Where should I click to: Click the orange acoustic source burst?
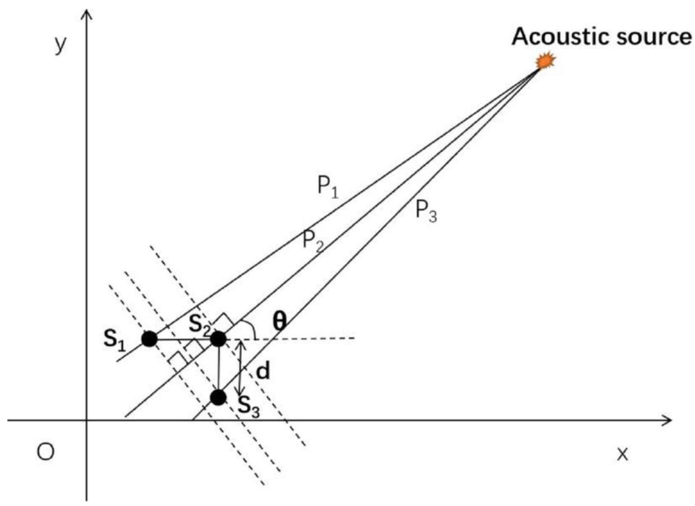click(x=545, y=61)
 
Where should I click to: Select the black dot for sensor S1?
click(x=149, y=339)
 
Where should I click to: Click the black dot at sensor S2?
click(x=218, y=339)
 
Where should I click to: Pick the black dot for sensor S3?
click(x=218, y=398)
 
